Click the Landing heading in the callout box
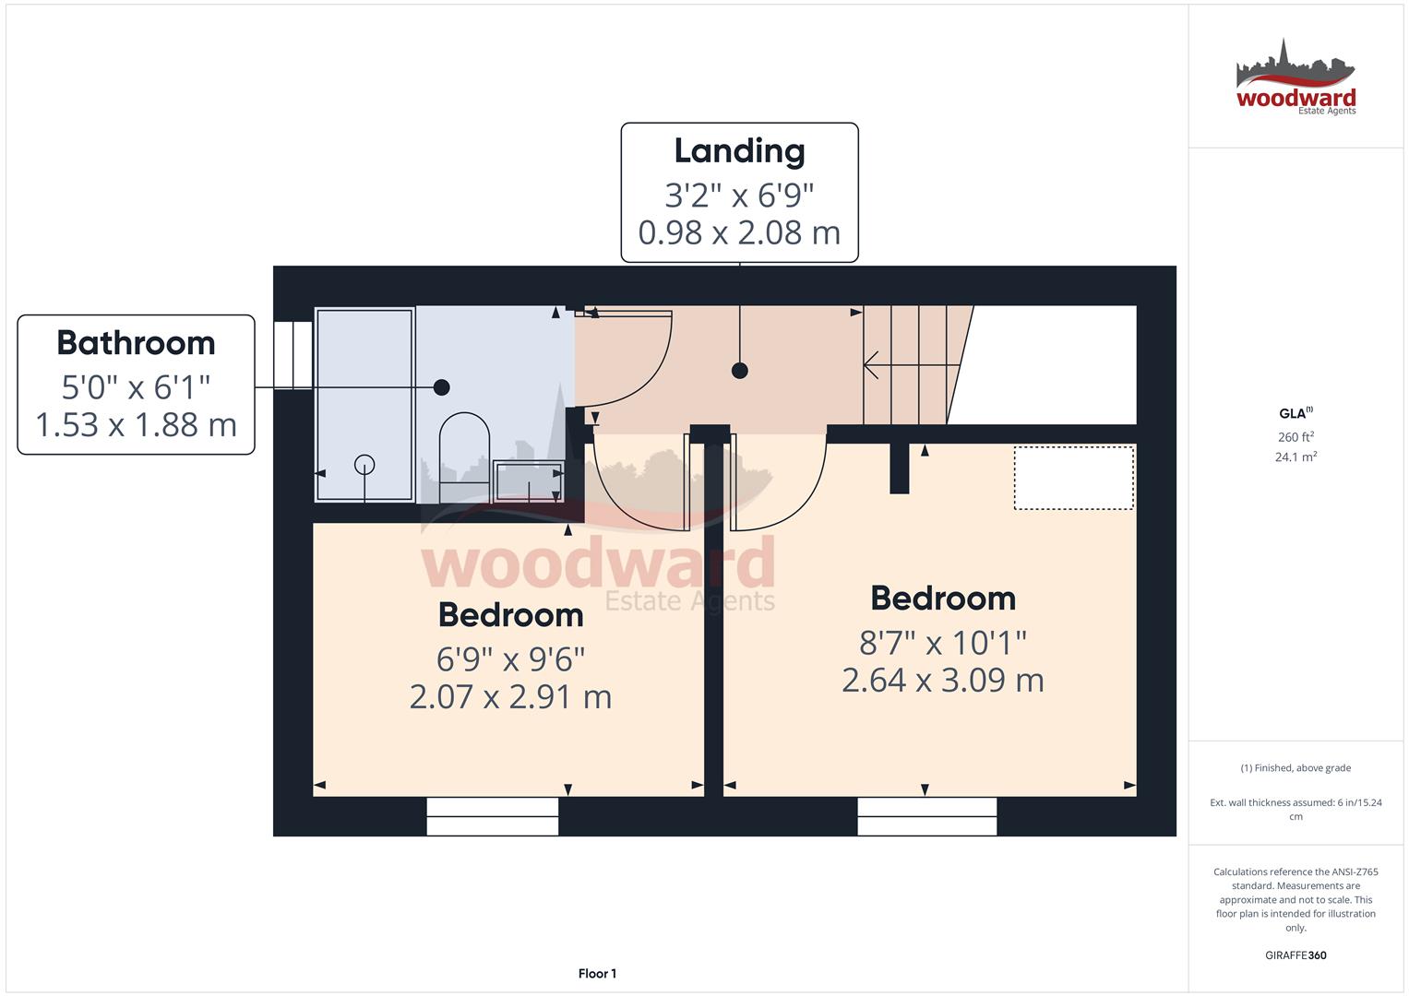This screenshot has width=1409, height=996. [739, 151]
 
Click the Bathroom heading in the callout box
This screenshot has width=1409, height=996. [136, 343]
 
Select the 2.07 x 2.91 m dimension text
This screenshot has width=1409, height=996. [510, 696]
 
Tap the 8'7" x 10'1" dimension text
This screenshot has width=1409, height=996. [942, 642]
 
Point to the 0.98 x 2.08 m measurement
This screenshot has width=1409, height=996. [739, 232]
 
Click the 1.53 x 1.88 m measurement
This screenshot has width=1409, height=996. [136, 424]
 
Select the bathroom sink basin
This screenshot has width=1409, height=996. [529, 480]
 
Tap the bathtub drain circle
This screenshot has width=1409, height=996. [365, 465]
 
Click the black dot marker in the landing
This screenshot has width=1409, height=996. [739, 371]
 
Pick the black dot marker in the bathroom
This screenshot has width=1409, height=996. [442, 387]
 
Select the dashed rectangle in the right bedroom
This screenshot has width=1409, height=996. [1074, 478]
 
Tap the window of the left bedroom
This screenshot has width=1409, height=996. [493, 816]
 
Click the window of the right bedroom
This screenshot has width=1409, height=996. [926, 816]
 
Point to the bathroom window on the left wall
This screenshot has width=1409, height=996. [293, 355]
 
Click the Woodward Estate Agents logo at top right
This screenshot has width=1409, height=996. [1296, 79]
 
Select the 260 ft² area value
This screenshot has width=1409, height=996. [1296, 437]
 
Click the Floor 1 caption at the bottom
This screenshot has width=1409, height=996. [597, 974]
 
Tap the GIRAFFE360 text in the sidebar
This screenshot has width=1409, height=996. [1296, 955]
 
